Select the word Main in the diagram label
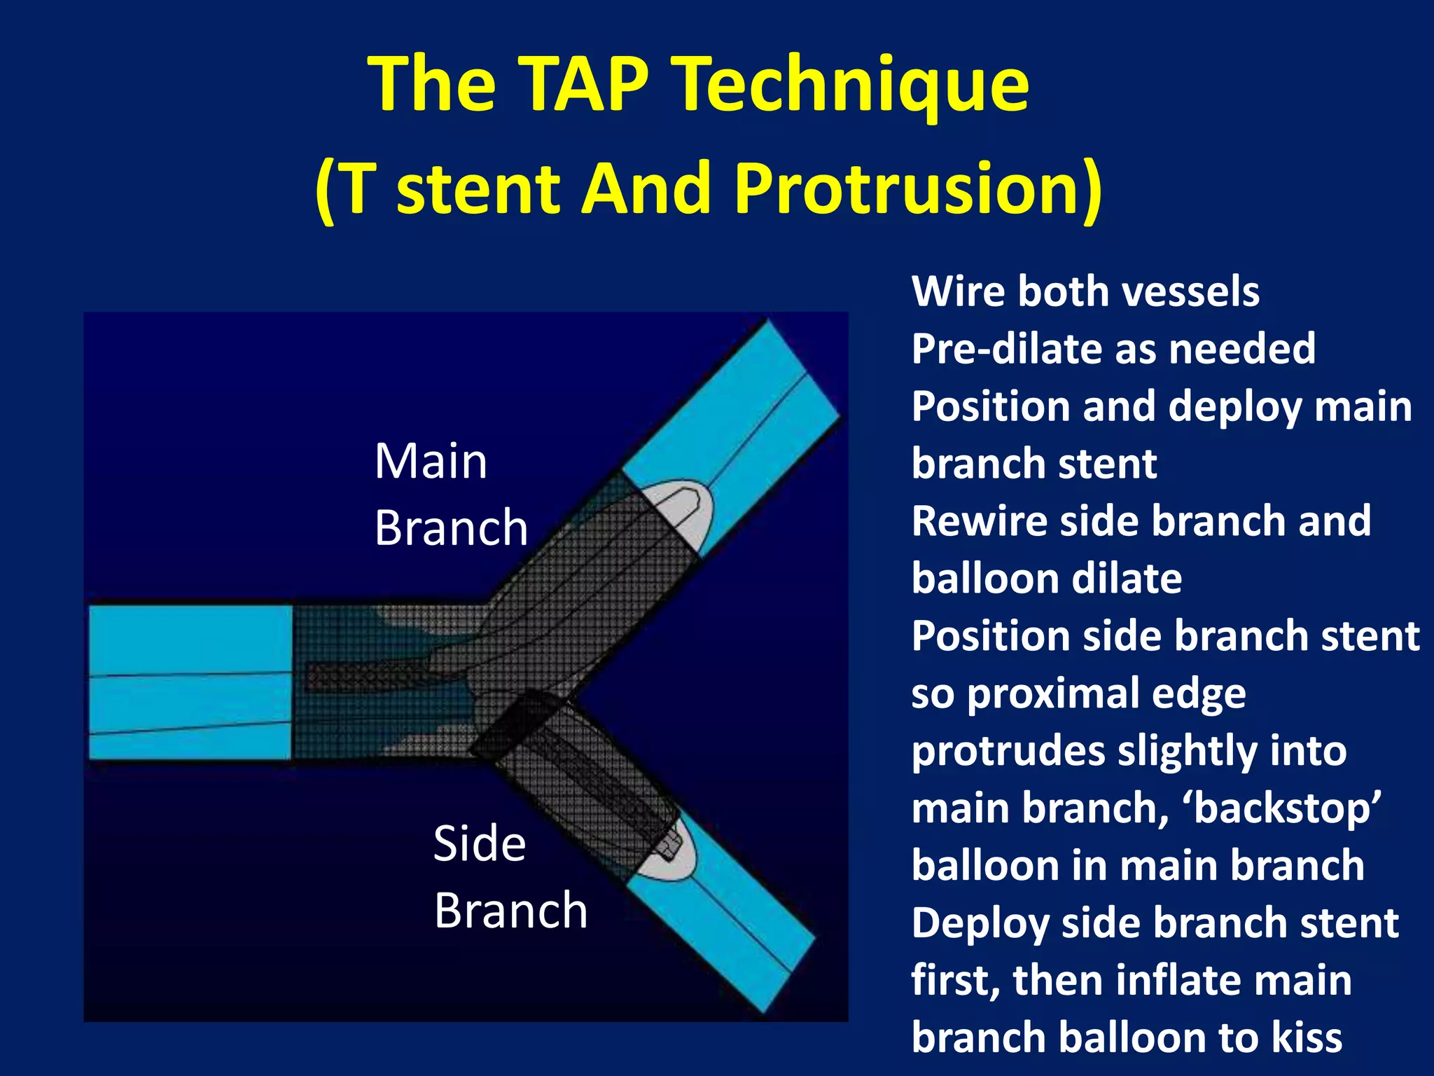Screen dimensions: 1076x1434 coord(431,462)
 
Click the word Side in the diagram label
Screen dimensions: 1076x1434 coord(480,843)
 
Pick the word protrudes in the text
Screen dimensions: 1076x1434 coord(1008,752)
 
